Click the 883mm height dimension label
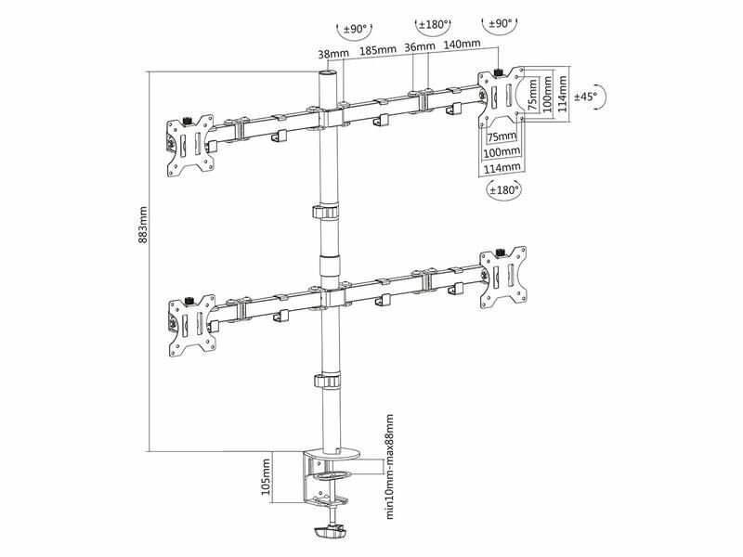click(x=142, y=225)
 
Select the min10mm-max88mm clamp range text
click(x=389, y=467)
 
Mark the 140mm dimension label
click(x=462, y=44)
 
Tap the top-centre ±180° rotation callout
click(x=433, y=25)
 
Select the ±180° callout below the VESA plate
click(x=505, y=190)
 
